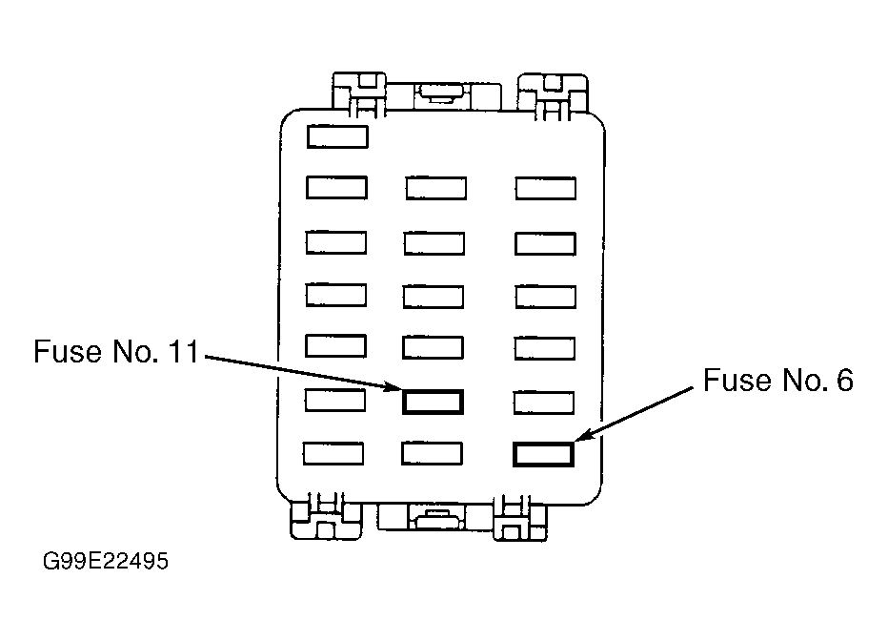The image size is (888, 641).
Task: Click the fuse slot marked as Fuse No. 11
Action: [x=433, y=402]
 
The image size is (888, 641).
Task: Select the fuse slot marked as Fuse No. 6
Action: [x=544, y=455]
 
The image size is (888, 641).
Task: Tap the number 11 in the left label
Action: [x=184, y=351]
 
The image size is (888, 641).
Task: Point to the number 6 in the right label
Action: [x=844, y=380]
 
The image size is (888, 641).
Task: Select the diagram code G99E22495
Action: [x=106, y=561]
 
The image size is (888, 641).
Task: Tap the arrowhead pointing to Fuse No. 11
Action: [x=394, y=387]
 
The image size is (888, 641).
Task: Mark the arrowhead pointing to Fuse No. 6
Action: [x=583, y=435]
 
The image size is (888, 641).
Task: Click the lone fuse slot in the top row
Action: [x=337, y=137]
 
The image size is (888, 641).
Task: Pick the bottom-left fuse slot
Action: [x=333, y=453]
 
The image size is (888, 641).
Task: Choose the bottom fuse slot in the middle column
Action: [x=433, y=453]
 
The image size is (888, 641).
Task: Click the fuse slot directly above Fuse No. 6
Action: [x=544, y=403]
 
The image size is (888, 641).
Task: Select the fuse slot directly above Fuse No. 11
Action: [x=434, y=348]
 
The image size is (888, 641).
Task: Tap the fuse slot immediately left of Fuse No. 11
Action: [x=335, y=400]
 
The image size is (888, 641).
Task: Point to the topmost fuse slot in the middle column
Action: [x=436, y=188]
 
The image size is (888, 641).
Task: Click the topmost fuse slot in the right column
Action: [x=546, y=189]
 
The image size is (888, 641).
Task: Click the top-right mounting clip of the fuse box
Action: [x=553, y=96]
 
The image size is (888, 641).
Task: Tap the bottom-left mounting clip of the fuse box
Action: [x=325, y=517]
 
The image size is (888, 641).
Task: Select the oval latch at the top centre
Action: [x=439, y=92]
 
